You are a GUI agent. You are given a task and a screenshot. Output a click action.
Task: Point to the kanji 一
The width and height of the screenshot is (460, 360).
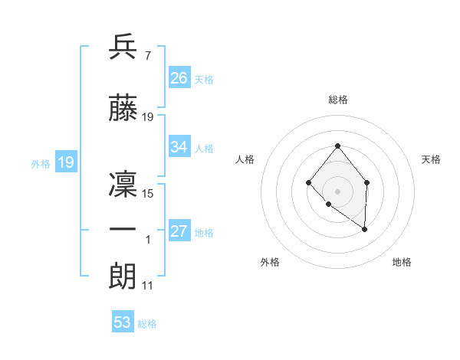123,230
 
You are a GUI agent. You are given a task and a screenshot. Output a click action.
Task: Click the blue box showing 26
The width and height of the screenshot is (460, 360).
179,77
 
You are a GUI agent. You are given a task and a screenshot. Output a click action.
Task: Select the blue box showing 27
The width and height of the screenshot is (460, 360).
179,231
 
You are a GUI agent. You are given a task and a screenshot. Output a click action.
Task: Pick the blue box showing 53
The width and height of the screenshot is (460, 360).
123,322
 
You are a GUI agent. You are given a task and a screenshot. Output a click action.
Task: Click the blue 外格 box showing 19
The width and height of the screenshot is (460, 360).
65,162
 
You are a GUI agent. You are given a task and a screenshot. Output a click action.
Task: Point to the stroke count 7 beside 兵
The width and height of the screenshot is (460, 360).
147,56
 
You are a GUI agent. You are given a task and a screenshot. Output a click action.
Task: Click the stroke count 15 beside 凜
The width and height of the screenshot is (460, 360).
148,194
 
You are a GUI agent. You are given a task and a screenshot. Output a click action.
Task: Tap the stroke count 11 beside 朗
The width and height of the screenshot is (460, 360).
148,286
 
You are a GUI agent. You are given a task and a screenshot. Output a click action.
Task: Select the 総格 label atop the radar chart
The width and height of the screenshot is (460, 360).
337,100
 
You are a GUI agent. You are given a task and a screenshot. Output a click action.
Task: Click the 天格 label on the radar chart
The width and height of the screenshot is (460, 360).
431,159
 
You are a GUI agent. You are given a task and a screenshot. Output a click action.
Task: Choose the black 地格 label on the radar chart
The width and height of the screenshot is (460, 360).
402,262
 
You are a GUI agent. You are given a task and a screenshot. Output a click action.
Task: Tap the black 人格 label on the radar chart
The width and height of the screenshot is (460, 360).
245,159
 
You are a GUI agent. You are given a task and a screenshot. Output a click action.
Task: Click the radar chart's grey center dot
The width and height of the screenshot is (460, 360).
337,191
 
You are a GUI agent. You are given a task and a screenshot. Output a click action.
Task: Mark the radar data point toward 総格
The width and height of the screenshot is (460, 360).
337,146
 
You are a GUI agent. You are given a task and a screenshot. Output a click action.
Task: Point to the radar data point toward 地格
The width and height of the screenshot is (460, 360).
365,229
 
